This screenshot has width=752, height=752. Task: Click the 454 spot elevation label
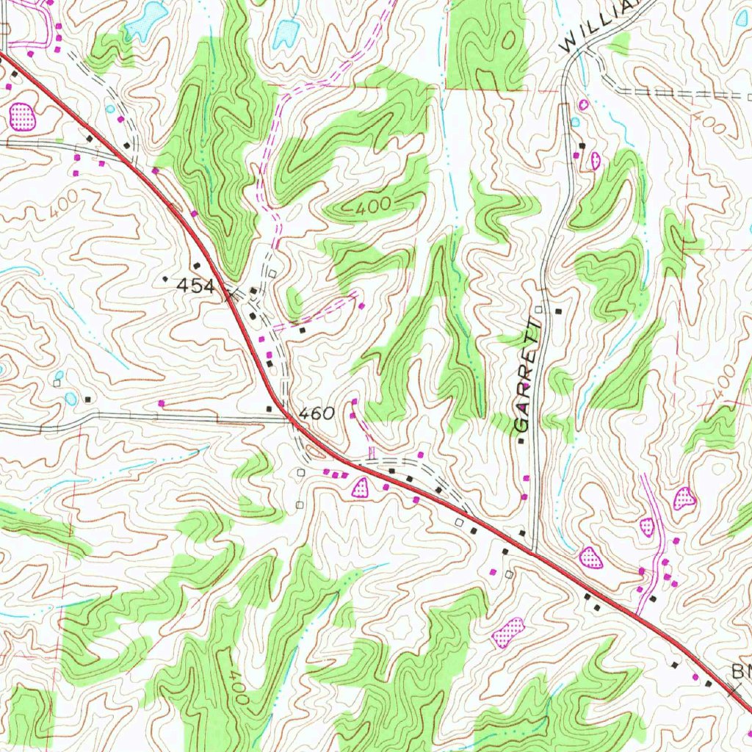[195, 286]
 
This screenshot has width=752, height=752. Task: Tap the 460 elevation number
[317, 413]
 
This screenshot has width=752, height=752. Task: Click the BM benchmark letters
[741, 671]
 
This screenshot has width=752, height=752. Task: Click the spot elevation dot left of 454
[165, 279]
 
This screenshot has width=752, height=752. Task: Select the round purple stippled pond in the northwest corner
[22, 115]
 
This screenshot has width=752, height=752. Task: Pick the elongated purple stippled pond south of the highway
[509, 631]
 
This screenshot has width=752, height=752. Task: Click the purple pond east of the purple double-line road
[684, 499]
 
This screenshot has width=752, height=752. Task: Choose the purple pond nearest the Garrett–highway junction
[591, 557]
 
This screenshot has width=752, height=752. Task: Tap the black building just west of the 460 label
[270, 408]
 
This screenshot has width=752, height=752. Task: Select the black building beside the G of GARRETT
[521, 441]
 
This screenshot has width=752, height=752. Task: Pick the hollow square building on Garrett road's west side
[538, 310]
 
